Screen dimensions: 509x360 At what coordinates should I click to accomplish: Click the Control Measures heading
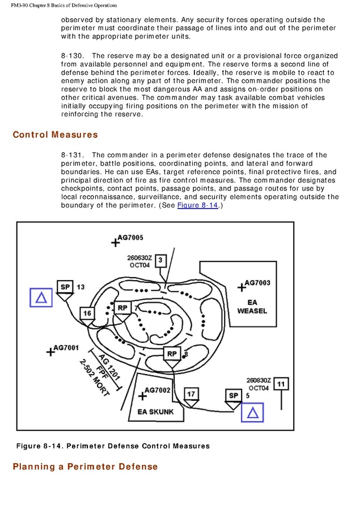[55, 135]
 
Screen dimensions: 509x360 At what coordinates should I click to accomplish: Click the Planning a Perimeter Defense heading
[85, 467]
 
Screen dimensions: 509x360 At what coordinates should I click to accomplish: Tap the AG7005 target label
[130, 237]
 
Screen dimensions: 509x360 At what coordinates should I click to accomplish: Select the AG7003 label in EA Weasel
[257, 282]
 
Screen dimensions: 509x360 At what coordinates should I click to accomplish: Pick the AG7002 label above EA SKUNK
[157, 390]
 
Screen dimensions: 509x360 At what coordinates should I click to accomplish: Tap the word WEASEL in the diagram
[252, 311]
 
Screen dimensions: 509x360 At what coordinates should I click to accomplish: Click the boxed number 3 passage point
[160, 260]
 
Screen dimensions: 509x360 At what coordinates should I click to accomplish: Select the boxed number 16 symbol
[87, 313]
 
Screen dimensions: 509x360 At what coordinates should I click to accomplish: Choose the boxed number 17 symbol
[191, 394]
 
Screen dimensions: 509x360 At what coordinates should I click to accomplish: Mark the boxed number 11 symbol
[281, 384]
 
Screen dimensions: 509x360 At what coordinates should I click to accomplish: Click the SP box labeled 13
[65, 287]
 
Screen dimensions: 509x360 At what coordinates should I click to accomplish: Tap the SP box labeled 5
[233, 395]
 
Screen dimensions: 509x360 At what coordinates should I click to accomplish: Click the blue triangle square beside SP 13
[41, 298]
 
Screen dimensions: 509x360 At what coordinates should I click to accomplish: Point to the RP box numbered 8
[172, 354]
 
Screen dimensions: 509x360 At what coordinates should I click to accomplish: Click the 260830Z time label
[259, 380]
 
